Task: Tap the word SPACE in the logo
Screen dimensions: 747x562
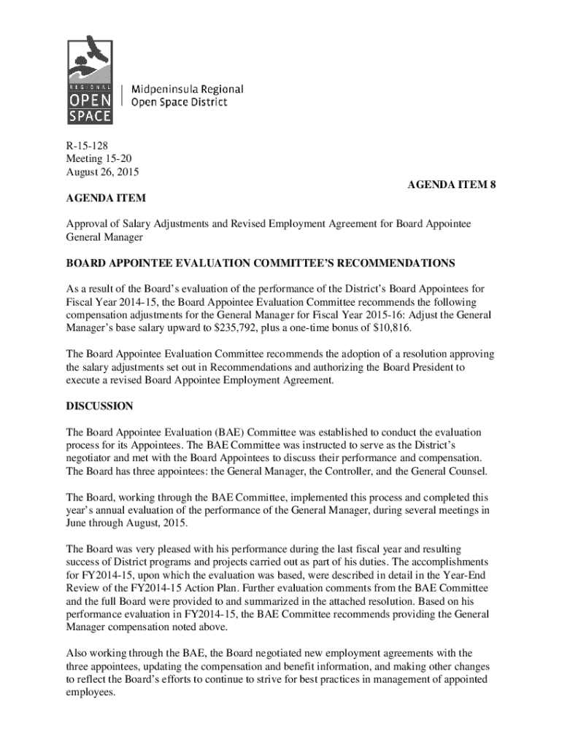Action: [x=91, y=115]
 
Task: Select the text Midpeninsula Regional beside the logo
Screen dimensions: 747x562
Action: [x=187, y=89]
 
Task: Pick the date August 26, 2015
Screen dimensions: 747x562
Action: [x=102, y=172]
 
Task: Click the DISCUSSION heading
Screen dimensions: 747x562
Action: [x=100, y=406]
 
